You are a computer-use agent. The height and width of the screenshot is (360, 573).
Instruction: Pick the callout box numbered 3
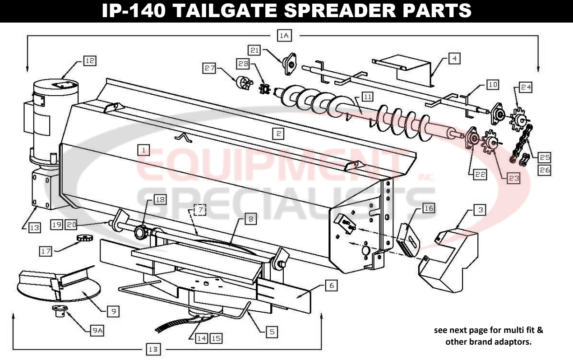pos(481,210)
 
